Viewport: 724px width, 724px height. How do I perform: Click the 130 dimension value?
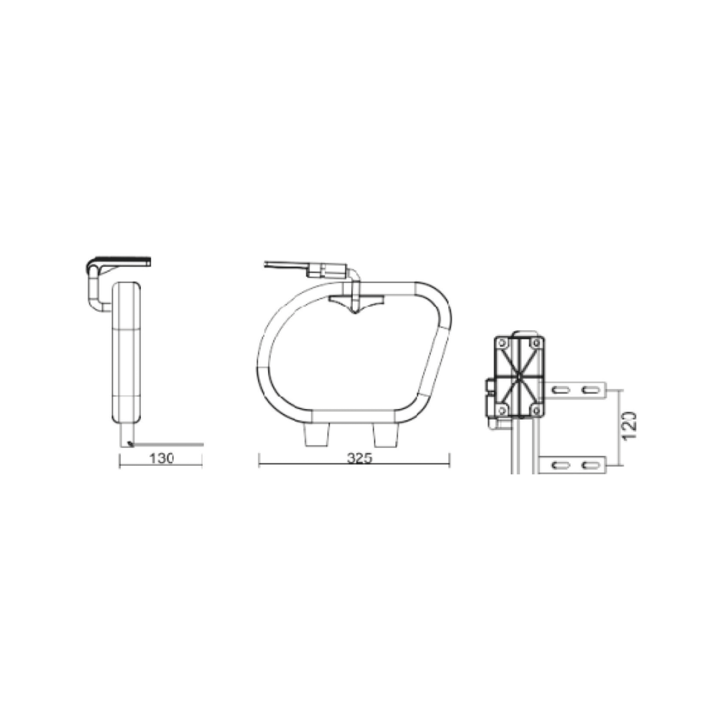pyautogui.click(x=161, y=458)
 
